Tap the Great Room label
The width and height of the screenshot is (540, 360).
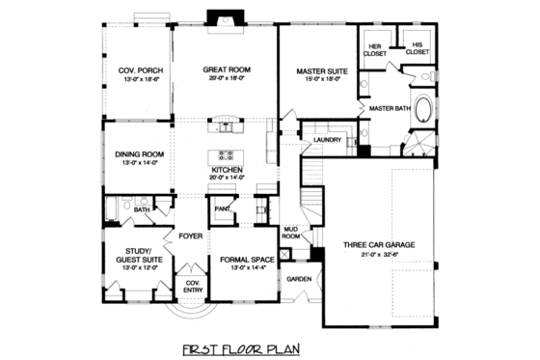point(227,69)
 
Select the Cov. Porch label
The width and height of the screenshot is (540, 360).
point(138,69)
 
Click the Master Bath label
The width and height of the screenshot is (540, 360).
point(391,109)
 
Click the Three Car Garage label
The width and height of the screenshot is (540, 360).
point(379,245)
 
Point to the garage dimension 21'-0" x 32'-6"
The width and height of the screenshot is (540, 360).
point(379,257)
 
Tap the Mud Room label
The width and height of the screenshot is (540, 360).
point(290,233)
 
